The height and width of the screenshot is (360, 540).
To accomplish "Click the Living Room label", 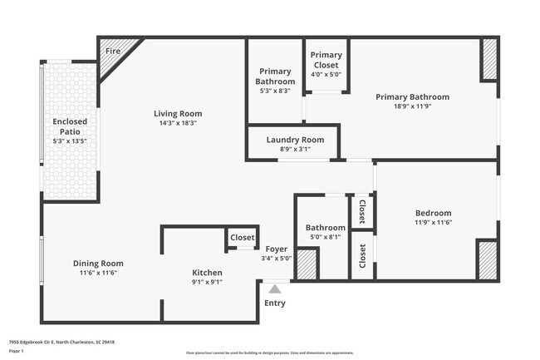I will (x=178, y=114).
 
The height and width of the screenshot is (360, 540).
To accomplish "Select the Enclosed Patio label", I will (x=70, y=126).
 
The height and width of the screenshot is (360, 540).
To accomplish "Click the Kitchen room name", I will (x=207, y=272).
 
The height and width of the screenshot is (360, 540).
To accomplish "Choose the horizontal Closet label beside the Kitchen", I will (x=243, y=238).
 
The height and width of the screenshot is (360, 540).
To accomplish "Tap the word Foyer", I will (x=277, y=249).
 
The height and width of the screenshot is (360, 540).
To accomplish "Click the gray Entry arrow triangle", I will (x=274, y=288).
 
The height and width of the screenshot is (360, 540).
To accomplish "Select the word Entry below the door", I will (x=274, y=303).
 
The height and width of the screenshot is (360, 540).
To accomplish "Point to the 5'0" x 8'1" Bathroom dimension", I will (x=325, y=237).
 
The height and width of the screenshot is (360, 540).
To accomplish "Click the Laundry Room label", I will (x=295, y=140).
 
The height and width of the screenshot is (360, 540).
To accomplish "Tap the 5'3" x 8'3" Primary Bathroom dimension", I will (x=276, y=91).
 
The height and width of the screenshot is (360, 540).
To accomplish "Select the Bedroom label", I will (x=433, y=213).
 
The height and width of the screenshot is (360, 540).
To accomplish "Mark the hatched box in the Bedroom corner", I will (x=486, y=259).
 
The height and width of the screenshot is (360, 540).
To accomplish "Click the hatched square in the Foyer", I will (x=307, y=264).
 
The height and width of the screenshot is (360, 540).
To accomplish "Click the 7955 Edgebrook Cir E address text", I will (x=61, y=342).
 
